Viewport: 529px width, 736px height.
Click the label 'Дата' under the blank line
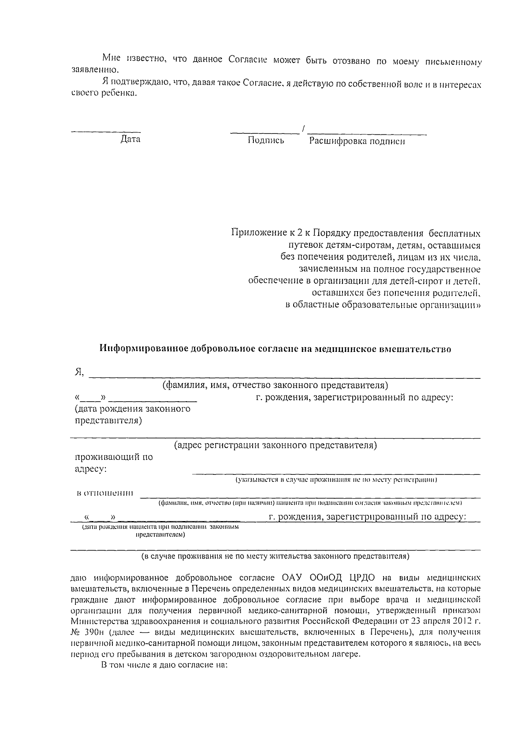[130, 140]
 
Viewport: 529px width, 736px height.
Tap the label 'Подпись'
[266, 141]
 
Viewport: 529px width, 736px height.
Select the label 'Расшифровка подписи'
[357, 141]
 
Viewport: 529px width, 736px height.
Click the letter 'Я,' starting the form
[79, 372]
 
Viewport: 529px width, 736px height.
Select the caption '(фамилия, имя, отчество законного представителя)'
[275, 385]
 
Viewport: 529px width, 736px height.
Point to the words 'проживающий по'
[113, 457]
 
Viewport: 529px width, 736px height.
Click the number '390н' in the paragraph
[93, 632]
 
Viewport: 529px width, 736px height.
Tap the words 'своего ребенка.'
[104, 94]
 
